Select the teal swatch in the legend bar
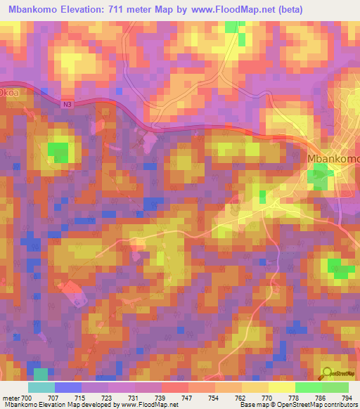tap(41, 387)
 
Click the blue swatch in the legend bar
tap(68, 387)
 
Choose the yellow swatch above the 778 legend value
tap(281, 387)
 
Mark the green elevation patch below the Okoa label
tap(58, 150)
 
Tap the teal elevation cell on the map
tap(41, 374)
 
